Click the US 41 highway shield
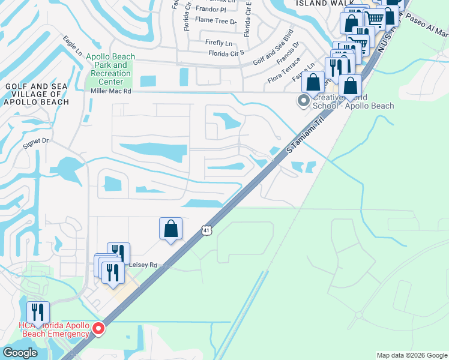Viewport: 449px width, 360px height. (x=206, y=230)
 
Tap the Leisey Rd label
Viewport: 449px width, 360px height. (x=144, y=265)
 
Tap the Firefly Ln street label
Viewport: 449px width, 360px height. (x=218, y=43)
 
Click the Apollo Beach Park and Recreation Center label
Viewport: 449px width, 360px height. (x=110, y=69)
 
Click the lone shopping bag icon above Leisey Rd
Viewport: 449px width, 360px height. (x=170, y=228)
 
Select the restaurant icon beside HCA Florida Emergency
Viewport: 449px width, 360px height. (x=37, y=311)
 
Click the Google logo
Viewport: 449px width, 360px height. (x=20, y=353)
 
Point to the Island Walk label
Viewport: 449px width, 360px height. (x=317, y=3)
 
